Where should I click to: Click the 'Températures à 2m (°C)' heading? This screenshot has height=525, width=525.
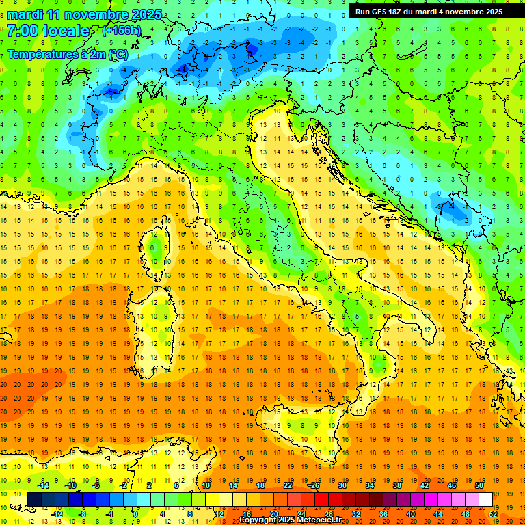pos(67,54)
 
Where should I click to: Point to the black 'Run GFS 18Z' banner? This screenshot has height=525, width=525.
pos(429,11)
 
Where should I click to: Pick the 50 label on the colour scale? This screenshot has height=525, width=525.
pos(479,485)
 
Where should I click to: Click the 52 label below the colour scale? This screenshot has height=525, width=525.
pos(493,513)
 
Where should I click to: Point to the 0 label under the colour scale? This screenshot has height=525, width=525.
pos(135,513)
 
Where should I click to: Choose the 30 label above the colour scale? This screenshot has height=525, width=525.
pos(342,485)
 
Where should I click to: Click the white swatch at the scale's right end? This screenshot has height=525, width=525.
pos(485,499)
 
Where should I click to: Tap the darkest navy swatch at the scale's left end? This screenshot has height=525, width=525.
pos(34,499)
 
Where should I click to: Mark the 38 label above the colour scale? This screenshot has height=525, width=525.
pos(396,485)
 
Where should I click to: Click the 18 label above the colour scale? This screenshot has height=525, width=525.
pos(260,485)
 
